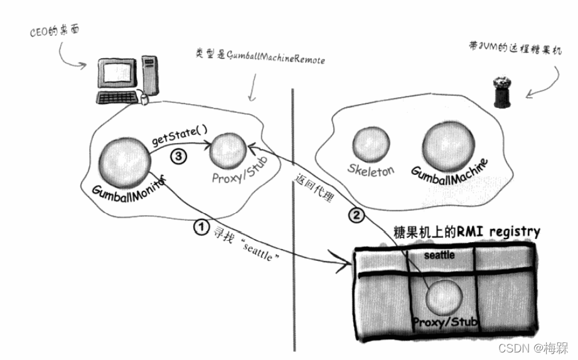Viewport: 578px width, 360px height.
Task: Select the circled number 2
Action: tap(355, 215)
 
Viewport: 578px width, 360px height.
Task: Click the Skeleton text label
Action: tap(372, 170)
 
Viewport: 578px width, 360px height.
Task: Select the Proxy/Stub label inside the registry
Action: tap(446, 322)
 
